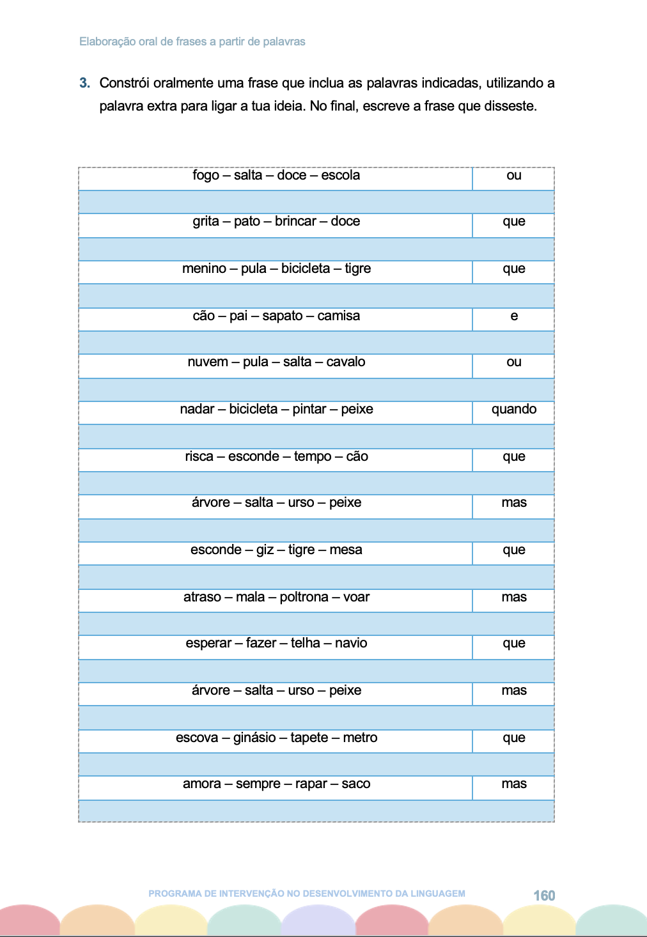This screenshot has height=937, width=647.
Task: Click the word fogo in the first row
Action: click(x=206, y=176)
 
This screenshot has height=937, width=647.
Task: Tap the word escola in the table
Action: click(x=340, y=176)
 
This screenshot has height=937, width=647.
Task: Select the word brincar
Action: click(x=295, y=222)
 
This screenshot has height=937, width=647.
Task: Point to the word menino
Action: click(x=204, y=269)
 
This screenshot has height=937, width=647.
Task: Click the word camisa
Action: click(x=338, y=316)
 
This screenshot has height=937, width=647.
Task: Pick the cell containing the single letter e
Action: click(x=514, y=316)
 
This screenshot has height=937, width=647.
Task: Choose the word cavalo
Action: click(x=345, y=362)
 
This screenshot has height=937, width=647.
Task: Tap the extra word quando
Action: click(x=514, y=410)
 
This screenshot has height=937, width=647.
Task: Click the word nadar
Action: click(x=197, y=410)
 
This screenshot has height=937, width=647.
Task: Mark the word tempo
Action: click(x=313, y=457)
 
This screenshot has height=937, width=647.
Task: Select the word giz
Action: click(x=265, y=550)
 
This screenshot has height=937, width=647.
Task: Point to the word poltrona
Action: click(x=304, y=598)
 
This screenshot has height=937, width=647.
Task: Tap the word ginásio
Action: click(x=254, y=738)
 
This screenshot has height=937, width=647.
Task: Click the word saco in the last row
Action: click(x=355, y=784)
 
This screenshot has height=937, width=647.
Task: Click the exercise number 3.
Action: click(x=84, y=83)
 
